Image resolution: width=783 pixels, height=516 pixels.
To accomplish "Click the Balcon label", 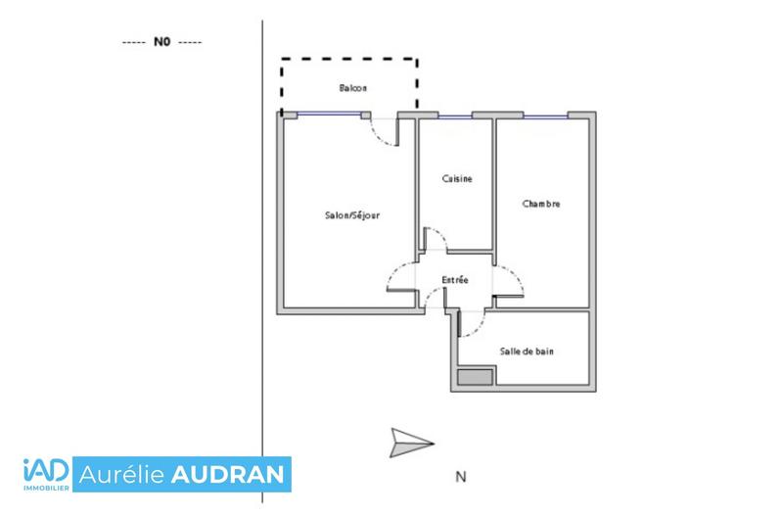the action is click(353, 88).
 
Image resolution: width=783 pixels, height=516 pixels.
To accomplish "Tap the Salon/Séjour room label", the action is click(352, 215).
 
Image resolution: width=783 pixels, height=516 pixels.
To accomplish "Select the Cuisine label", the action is click(457, 178).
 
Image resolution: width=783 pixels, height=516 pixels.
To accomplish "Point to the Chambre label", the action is click(541, 205).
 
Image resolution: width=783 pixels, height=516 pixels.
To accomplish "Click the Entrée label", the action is click(454, 280).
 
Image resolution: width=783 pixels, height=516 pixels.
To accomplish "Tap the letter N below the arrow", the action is click(459, 478).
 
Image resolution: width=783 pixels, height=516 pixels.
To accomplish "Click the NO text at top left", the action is click(161, 43).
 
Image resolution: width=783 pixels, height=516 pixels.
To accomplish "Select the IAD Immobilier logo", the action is click(45, 475).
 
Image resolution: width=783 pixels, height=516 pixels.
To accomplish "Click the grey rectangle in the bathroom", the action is click(477, 376).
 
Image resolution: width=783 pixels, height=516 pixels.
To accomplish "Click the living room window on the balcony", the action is click(328, 115).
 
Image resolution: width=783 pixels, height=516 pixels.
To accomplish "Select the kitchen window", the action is click(455, 116).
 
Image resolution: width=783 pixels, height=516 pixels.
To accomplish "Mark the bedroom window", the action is click(545, 116).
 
